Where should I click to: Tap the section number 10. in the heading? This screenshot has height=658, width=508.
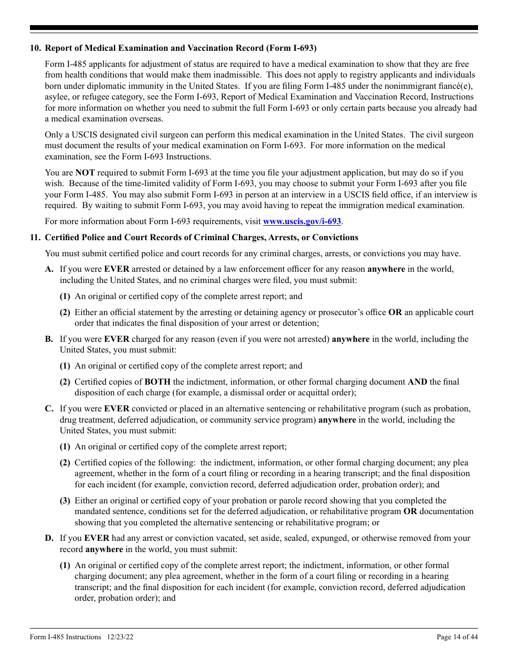[35, 48]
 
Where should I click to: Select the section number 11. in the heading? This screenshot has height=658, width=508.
[35, 238]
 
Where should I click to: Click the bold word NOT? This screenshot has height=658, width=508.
[84, 173]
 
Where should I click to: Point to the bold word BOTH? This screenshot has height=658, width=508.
[157, 382]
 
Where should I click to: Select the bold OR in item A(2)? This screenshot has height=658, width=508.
[395, 312]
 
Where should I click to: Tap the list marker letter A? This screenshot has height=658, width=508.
[49, 269]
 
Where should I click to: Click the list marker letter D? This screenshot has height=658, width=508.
[49, 538]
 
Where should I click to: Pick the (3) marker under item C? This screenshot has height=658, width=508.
[65, 501]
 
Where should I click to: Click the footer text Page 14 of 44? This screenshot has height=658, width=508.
[457, 637]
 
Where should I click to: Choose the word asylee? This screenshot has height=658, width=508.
[57, 97]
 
